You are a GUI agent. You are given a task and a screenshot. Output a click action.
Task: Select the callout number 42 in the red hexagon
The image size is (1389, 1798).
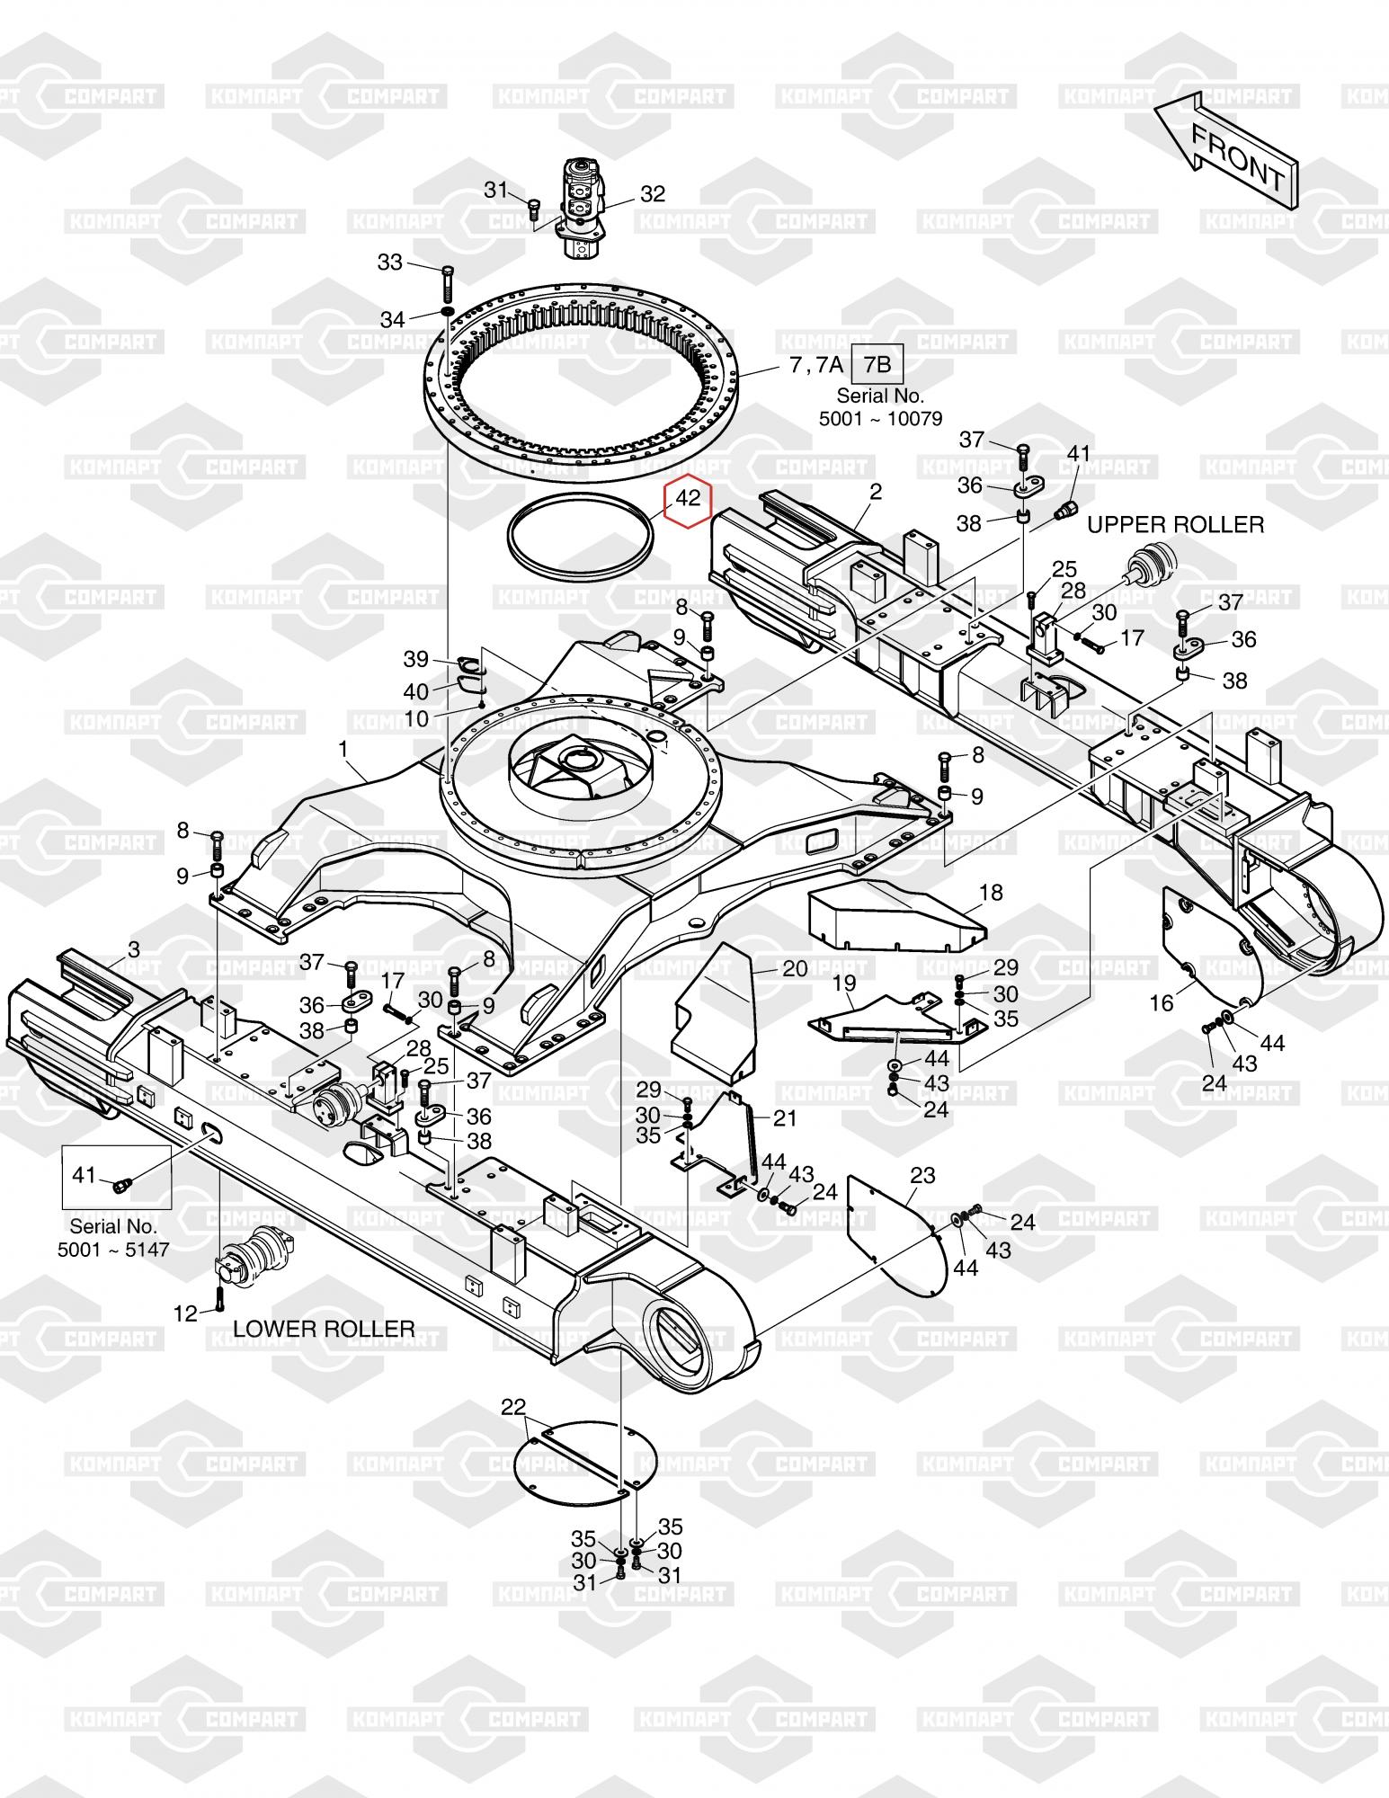coord(688,497)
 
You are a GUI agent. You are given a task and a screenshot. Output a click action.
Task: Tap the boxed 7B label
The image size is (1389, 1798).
coord(877,364)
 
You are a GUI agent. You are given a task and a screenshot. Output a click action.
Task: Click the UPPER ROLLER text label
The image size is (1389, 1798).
coord(1175,524)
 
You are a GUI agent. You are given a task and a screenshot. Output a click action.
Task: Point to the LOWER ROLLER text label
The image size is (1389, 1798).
coord(324,1329)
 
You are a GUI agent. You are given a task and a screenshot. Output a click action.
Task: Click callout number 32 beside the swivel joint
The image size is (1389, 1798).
coord(652,194)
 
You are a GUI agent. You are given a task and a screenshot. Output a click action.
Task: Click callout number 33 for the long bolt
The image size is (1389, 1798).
coord(389,262)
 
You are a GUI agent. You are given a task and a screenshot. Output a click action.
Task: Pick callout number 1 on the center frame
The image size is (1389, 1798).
coord(343,748)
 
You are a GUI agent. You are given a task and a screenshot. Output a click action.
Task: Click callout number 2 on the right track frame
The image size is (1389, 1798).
coord(875,492)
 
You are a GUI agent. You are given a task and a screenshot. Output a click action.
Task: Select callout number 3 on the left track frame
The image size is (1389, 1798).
coord(134,949)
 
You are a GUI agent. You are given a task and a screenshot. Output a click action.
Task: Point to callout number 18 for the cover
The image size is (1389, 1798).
coord(991,893)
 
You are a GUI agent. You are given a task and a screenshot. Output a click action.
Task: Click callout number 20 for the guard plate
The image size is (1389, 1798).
coord(795,968)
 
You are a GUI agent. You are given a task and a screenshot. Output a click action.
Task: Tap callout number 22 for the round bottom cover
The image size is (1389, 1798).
coord(513,1407)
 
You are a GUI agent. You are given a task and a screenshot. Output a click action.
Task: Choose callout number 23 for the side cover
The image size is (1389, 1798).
coord(922,1175)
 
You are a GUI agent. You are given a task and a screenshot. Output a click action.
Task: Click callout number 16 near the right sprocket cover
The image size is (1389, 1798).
coord(1162,1002)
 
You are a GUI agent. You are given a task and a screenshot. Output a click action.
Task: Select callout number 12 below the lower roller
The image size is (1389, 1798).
coord(184,1314)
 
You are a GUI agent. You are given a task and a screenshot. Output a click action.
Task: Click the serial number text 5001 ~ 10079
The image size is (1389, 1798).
coord(880,418)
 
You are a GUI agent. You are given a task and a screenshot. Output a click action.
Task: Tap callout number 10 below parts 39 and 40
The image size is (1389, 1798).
coord(417,718)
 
